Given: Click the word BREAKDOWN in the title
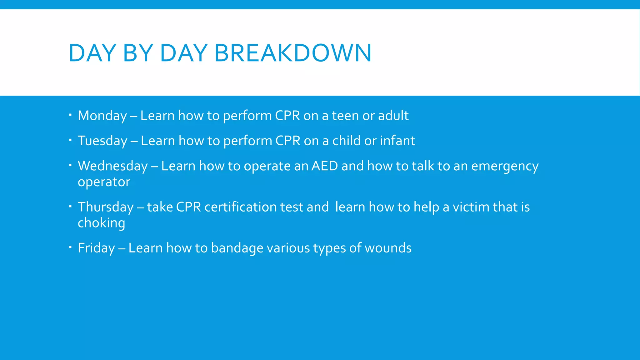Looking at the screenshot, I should (x=293, y=53).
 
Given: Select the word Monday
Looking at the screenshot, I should (x=102, y=116).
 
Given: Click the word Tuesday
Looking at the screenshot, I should (x=102, y=141).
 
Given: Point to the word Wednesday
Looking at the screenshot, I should (x=112, y=166).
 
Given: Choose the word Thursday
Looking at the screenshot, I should (x=106, y=207).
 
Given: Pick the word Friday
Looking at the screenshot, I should (x=96, y=248).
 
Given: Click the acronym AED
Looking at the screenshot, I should (x=325, y=166).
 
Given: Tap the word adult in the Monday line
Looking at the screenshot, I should (x=393, y=116).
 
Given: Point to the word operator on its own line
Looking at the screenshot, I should (x=104, y=182).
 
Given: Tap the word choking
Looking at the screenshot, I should (x=101, y=223).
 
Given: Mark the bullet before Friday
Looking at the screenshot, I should (x=71, y=247).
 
